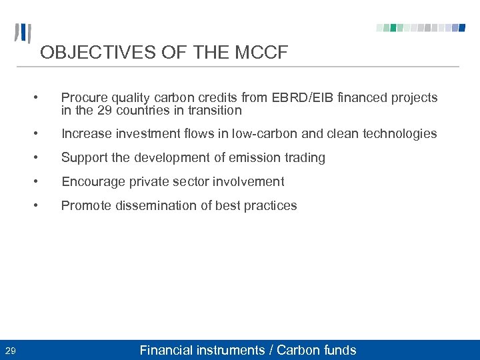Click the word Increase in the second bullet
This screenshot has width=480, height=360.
86,133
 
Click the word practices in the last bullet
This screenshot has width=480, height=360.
270,205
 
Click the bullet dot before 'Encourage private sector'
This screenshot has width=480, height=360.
42,181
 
